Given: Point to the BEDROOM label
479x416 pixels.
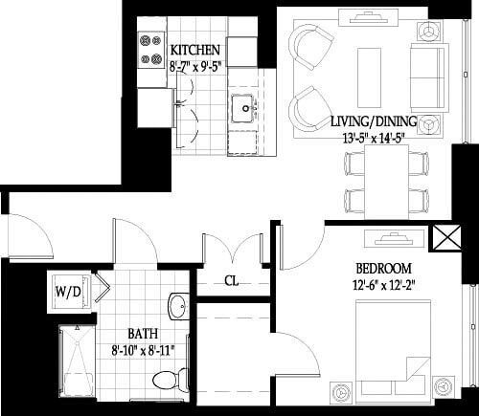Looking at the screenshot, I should tap(383, 268).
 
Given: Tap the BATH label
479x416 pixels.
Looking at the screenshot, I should tap(145, 333).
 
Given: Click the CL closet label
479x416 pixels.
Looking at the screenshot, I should tap(231, 281).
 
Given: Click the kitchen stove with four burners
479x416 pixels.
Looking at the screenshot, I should tap(150, 52).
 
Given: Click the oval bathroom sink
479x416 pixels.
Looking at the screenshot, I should tap(177, 307).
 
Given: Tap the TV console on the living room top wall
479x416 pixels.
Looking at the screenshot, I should tap(369, 16).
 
